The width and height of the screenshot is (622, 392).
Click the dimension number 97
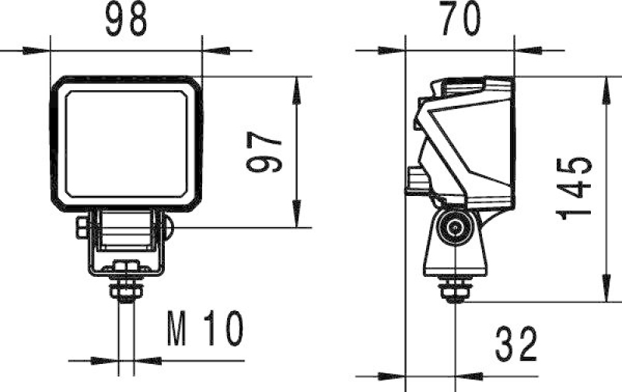click(x=263, y=151)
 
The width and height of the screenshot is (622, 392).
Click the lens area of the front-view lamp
click(x=127, y=142)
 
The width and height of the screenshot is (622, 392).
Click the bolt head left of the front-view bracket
click(x=82, y=228)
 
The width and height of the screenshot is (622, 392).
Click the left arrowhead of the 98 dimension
click(x=35, y=51)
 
